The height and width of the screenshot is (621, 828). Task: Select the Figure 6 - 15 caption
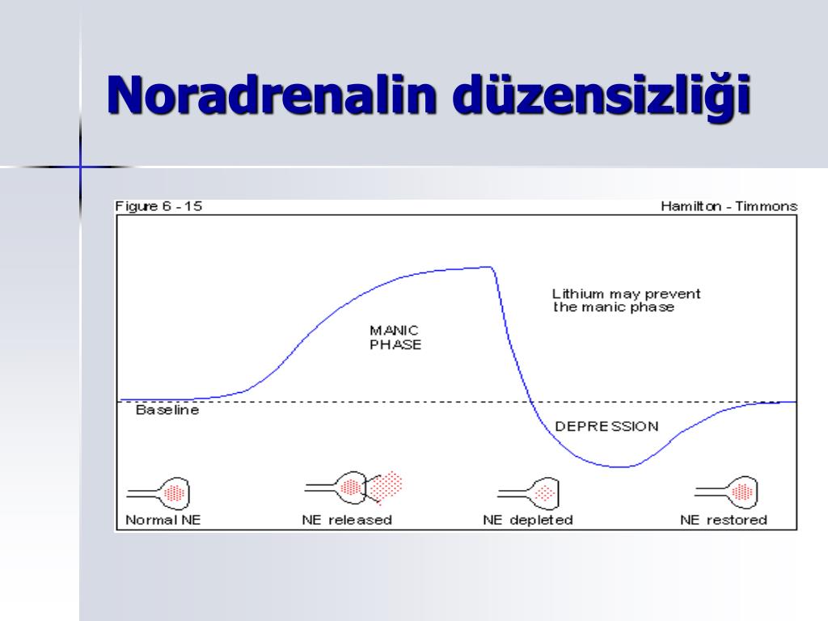tap(158, 206)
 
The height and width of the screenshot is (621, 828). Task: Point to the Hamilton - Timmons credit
tap(729, 206)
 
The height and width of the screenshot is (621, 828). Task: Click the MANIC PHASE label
tap(395, 338)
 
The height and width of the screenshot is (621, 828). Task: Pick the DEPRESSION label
tap(606, 427)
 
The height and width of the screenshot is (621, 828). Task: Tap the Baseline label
tap(167, 410)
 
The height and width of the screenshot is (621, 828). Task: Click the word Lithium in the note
tap(577, 294)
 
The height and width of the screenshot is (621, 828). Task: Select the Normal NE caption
tap(163, 520)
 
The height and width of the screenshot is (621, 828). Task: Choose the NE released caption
tap(347, 520)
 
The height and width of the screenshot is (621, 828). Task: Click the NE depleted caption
tap(528, 520)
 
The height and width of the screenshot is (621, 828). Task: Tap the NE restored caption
tap(724, 520)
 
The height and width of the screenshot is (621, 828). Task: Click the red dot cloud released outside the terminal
tap(385, 486)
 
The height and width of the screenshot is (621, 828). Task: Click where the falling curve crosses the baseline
tap(531, 403)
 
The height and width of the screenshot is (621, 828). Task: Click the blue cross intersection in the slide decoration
tap(80, 167)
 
